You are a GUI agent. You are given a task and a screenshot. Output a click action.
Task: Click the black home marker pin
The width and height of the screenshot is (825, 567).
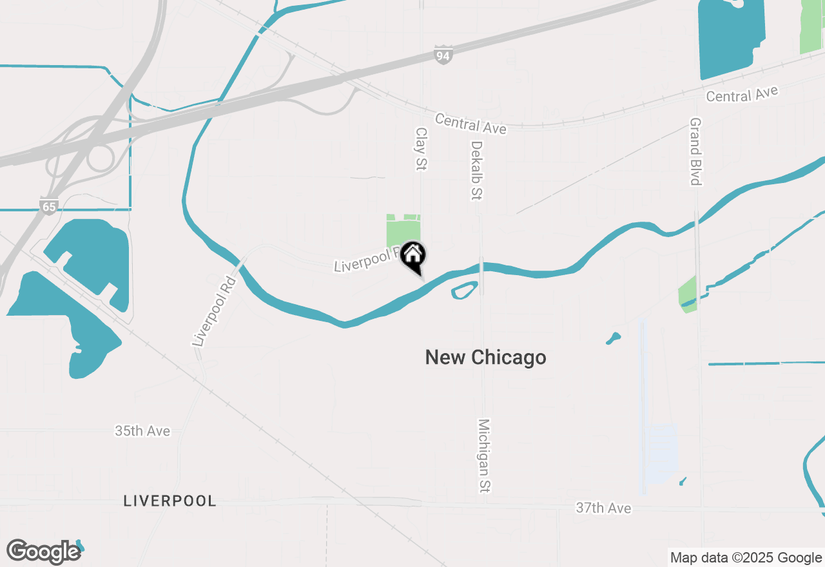pyautogui.click(x=412, y=255)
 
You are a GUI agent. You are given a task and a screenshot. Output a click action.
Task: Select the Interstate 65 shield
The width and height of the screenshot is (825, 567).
pyautogui.click(x=48, y=206)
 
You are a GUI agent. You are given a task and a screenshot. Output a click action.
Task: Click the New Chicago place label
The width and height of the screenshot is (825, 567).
pyautogui.click(x=485, y=358)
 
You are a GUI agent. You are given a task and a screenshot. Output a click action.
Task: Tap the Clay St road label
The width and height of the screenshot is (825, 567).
pyautogui.click(x=421, y=149)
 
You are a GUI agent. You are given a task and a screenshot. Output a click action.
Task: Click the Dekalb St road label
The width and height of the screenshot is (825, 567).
pyautogui.click(x=476, y=170)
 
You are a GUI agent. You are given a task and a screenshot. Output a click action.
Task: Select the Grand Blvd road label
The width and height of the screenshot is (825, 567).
pyautogui.click(x=695, y=151)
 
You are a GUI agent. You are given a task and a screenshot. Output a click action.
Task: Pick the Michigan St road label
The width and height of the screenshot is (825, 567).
pyautogui.click(x=484, y=456)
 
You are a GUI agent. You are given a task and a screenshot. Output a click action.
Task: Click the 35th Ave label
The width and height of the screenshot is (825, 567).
pyautogui.click(x=142, y=431)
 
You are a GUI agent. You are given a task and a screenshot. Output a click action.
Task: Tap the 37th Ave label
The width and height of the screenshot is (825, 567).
pyautogui.click(x=603, y=508)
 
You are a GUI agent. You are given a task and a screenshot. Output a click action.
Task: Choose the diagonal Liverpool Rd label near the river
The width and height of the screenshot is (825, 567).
pyautogui.click(x=215, y=312)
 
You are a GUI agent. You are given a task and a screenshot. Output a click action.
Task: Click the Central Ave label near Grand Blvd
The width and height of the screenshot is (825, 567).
pyautogui.click(x=742, y=94)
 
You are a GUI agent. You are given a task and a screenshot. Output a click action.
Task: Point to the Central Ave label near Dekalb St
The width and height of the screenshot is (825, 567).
pyautogui.click(x=471, y=124)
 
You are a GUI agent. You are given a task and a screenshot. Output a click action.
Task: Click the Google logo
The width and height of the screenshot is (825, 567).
pyautogui.click(x=43, y=552)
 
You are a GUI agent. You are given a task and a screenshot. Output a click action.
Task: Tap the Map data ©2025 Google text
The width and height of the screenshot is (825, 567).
pyautogui.click(x=746, y=558)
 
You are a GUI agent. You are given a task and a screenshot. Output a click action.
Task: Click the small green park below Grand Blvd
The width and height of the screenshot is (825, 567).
pyautogui.click(x=688, y=295)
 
